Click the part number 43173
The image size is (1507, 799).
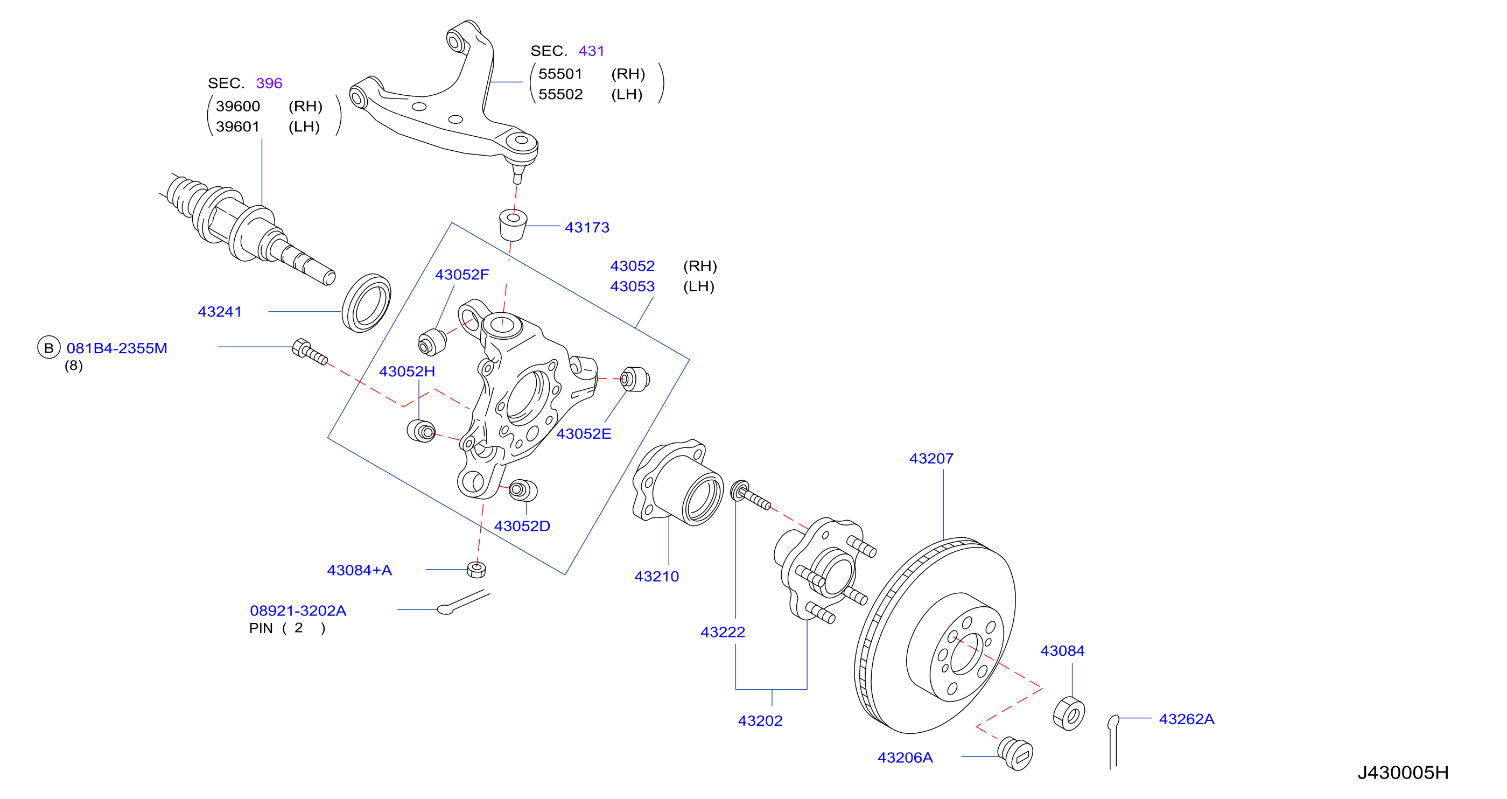(x=587, y=228)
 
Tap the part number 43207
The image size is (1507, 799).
(x=931, y=459)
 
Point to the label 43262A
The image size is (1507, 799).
(x=1187, y=719)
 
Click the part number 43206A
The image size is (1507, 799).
(x=905, y=758)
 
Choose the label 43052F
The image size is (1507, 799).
(x=461, y=275)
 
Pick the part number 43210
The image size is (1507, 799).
(x=656, y=576)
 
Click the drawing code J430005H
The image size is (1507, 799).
(x=1403, y=773)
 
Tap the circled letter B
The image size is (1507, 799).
(x=49, y=347)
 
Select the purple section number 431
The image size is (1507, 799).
(x=591, y=51)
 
